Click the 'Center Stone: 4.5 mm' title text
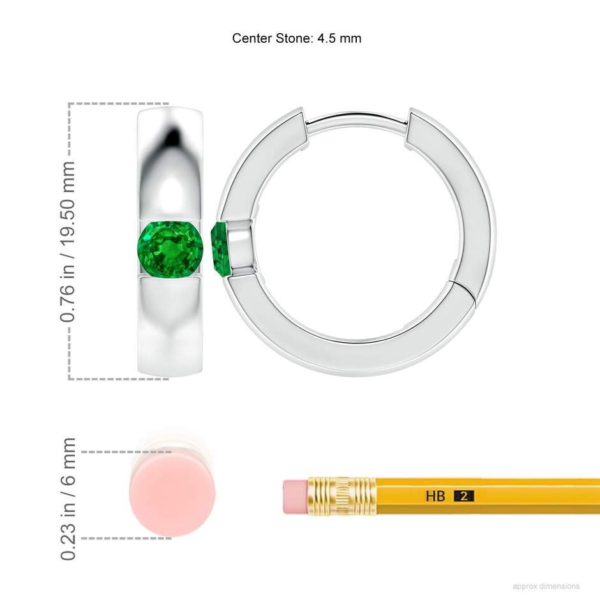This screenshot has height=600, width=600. tap(297, 38)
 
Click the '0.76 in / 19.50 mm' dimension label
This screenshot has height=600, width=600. tap(68, 241)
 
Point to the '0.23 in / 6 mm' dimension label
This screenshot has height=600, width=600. tap(68, 499)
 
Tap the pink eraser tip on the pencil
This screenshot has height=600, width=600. tap(296, 497)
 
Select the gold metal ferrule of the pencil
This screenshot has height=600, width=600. tap(341, 497)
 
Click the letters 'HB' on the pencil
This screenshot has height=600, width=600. tap(435, 497)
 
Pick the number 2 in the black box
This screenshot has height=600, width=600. tap(464, 497)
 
